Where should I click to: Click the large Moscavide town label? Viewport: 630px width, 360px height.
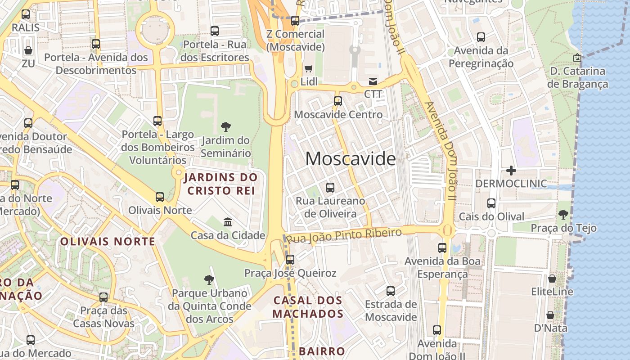point(351,159)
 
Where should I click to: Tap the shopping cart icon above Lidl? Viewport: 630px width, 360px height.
point(308,69)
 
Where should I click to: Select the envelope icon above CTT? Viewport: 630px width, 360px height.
point(373,81)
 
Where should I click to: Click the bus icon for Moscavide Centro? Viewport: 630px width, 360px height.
point(338,101)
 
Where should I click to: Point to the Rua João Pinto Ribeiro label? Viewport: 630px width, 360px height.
point(344,235)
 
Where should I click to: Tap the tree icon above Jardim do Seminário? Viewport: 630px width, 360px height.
point(226,127)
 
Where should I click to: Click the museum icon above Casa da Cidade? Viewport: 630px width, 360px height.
point(228,222)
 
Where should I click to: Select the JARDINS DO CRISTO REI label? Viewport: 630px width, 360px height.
point(220,184)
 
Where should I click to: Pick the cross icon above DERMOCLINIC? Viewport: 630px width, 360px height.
point(511,171)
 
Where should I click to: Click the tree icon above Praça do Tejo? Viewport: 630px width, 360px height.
point(563,215)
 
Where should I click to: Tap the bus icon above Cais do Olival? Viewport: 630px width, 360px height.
point(491,203)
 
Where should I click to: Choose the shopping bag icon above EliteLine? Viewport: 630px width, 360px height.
point(552,279)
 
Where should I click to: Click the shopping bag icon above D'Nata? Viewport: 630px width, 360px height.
point(550,315)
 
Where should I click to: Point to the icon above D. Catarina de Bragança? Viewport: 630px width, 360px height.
point(577,58)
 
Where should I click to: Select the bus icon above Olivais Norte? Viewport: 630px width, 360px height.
point(160,197)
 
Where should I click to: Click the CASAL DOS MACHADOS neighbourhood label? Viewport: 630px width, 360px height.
point(308,307)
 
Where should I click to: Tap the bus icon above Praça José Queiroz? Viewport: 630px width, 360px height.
point(290,260)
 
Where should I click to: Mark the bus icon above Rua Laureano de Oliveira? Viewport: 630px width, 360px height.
point(330,187)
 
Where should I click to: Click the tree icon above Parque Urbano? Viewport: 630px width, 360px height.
point(209,280)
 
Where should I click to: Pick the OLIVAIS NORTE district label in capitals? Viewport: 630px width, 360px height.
point(108,242)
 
